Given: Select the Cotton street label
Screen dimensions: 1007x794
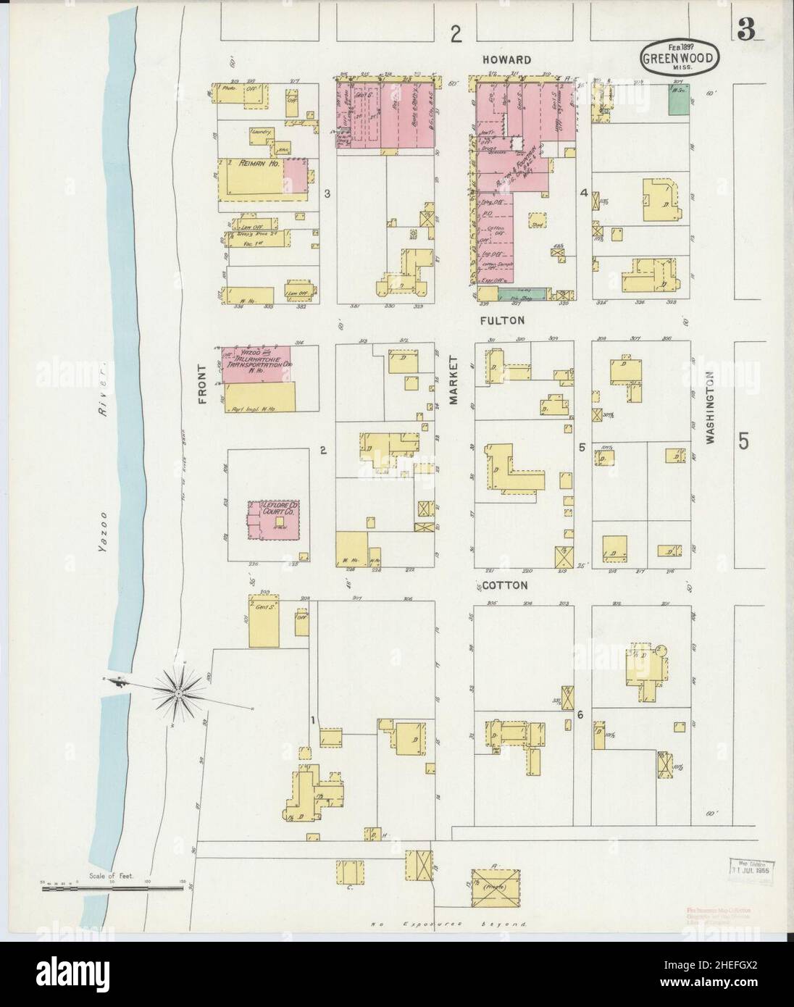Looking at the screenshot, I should pyautogui.click(x=506, y=584).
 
